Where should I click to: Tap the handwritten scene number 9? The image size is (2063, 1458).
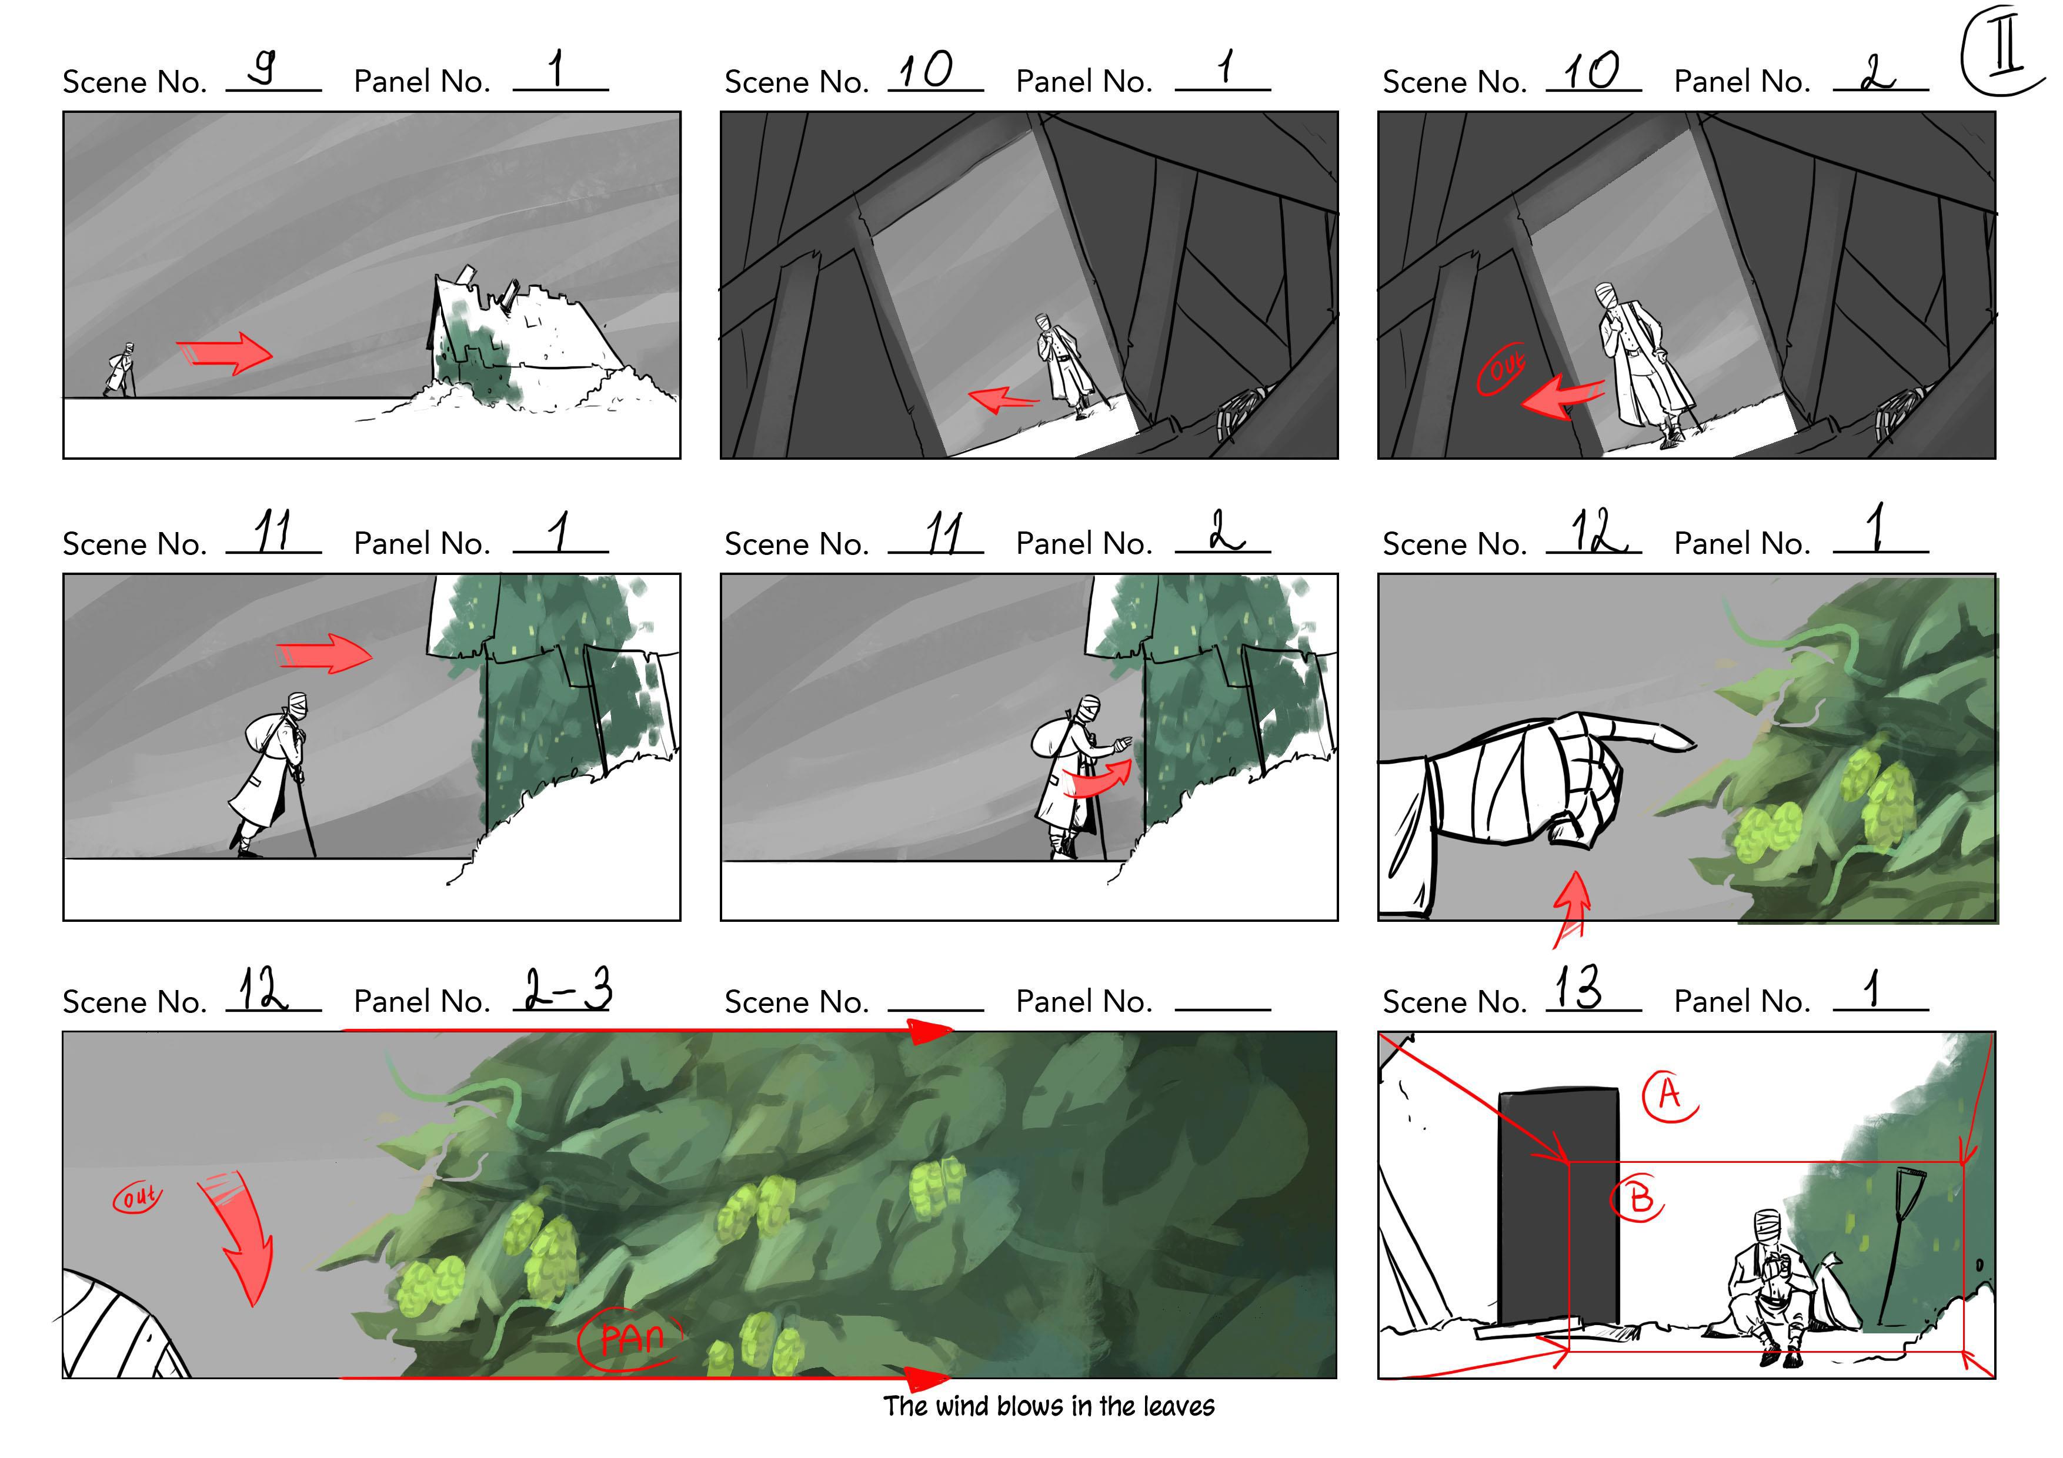point(262,66)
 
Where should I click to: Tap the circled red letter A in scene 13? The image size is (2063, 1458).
point(1668,1096)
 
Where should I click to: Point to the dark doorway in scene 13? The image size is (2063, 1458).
point(1558,1206)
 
